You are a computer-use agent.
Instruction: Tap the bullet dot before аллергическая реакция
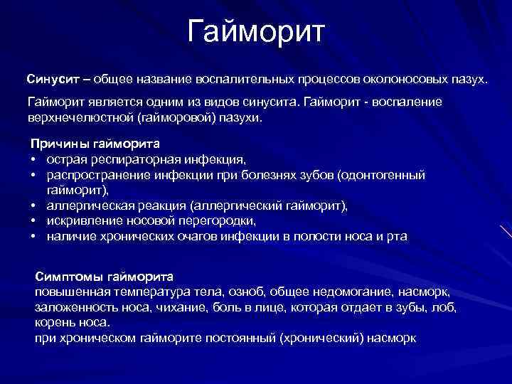33,206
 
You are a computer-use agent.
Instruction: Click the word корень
55,322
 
